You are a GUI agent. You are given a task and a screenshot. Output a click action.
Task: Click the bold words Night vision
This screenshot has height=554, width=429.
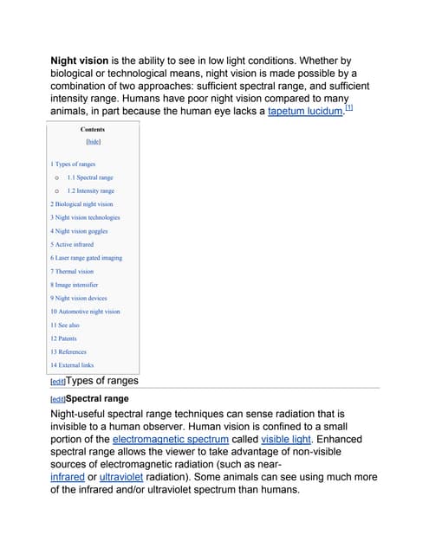81,61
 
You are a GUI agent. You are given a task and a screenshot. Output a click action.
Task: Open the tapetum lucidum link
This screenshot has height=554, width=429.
305,112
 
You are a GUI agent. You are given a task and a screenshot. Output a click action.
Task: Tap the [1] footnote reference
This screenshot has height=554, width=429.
348,107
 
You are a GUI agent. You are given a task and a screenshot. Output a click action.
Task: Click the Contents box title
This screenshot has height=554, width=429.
93,129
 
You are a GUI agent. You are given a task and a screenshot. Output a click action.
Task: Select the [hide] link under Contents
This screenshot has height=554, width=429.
93,142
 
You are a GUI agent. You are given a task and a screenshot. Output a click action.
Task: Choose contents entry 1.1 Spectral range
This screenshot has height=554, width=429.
89,177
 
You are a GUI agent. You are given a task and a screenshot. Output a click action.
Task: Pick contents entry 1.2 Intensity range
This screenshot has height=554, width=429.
90,190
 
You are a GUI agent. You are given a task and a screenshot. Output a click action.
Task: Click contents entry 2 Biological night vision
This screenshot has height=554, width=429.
81,204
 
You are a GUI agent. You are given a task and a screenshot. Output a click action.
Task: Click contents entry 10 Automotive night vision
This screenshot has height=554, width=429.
85,312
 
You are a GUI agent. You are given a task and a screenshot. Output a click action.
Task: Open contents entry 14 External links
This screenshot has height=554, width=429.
72,365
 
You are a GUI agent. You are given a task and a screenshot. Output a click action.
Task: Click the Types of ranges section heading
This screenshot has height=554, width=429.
101,380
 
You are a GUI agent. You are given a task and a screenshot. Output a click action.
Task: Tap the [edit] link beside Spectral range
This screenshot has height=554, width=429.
58,399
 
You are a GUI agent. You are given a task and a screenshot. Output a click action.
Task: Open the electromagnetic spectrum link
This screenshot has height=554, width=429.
171,439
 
